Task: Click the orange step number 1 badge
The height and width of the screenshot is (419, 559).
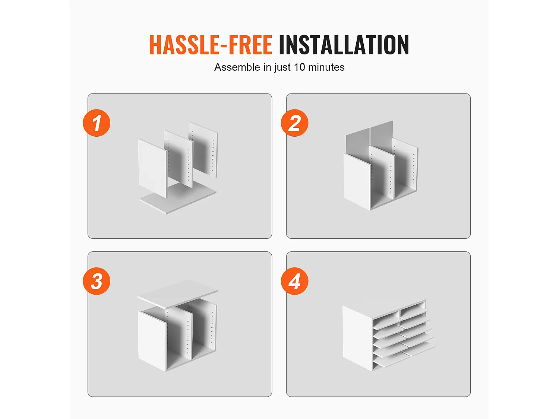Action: click(97, 123)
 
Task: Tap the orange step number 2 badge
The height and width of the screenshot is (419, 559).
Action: click(295, 123)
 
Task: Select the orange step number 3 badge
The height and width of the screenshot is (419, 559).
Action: click(97, 281)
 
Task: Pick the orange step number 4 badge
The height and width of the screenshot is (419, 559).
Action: click(295, 281)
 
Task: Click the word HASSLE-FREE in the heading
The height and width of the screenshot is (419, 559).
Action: click(211, 45)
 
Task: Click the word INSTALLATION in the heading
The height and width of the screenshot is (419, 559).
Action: click(344, 45)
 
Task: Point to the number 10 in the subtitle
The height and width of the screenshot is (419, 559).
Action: click(299, 67)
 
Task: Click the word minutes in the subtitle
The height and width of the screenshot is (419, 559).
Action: click(326, 67)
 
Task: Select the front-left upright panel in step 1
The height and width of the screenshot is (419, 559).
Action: click(153, 168)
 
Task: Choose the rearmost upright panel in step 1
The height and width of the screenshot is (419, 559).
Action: click(203, 150)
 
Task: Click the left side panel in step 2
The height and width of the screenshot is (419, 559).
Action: click(357, 182)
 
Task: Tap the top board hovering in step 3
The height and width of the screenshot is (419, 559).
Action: click(177, 294)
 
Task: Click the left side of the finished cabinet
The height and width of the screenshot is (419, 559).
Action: click(357, 338)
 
